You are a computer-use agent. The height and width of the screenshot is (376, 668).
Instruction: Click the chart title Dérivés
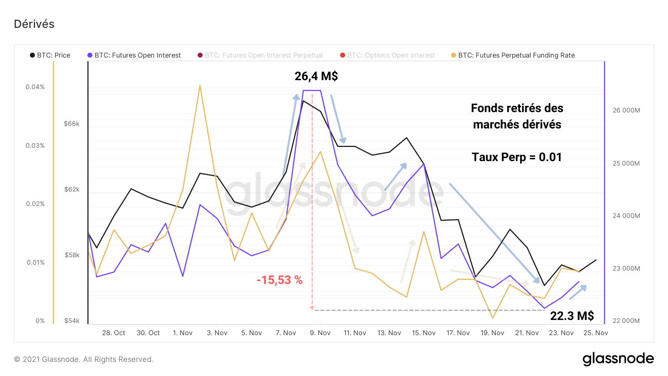click(x=34, y=24)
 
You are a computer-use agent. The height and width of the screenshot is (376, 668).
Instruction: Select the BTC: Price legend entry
click(x=50, y=55)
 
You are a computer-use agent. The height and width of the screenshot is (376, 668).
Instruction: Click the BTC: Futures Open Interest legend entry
click(x=134, y=55)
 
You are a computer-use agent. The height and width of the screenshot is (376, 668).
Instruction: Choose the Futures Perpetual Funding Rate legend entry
click(x=513, y=55)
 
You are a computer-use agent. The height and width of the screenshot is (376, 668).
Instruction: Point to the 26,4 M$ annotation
click(x=316, y=76)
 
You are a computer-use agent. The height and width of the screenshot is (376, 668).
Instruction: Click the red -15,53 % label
click(x=279, y=280)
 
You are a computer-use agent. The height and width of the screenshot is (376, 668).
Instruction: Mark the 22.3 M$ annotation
click(x=572, y=316)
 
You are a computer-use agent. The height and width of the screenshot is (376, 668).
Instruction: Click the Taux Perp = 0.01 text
click(x=517, y=157)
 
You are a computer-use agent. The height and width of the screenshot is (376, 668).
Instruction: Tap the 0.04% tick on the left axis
click(x=35, y=87)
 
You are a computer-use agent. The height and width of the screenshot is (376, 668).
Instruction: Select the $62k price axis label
click(x=72, y=189)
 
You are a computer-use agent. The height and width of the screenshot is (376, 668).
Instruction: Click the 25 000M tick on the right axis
click(x=626, y=163)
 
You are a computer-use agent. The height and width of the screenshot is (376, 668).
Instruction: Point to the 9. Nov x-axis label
click(x=320, y=333)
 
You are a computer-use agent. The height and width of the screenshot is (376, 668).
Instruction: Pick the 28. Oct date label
click(x=114, y=333)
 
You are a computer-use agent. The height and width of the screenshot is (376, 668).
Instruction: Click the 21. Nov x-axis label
click(x=527, y=333)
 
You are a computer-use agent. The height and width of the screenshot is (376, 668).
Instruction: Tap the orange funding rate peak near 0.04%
click(x=200, y=86)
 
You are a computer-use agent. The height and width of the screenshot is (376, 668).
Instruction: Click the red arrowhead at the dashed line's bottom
click(x=312, y=308)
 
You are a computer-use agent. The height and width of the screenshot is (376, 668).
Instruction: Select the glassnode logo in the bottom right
click(x=618, y=359)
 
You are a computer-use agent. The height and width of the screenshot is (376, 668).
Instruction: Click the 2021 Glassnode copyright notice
click(x=83, y=359)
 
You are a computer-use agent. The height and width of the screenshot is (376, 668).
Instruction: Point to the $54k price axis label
click(x=72, y=321)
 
